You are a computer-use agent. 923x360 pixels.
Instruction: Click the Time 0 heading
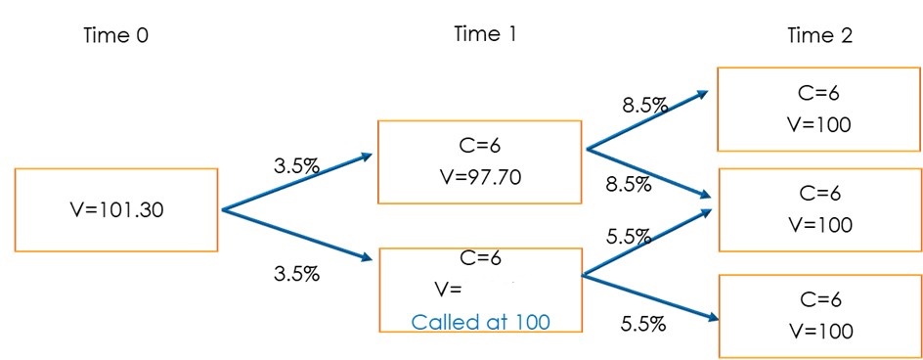pyautogui.click(x=116, y=37)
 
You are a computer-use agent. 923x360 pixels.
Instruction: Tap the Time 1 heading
pyautogui.click(x=485, y=34)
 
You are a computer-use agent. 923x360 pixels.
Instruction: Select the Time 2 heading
pyautogui.click(x=819, y=36)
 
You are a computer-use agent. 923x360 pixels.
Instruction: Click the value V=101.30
pyautogui.click(x=116, y=208)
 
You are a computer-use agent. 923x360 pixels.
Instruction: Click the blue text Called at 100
pyautogui.click(x=481, y=322)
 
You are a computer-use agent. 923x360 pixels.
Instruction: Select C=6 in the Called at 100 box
pyautogui.click(x=480, y=258)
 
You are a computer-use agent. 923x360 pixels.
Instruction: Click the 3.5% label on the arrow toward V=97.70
pyautogui.click(x=296, y=166)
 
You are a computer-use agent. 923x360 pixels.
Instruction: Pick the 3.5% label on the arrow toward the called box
pyautogui.click(x=296, y=274)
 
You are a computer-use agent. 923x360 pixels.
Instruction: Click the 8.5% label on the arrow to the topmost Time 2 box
pyautogui.click(x=644, y=106)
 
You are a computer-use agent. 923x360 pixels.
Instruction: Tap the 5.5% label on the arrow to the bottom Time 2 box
pyautogui.click(x=643, y=324)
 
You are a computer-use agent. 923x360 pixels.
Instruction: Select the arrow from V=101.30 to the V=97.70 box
pyautogui.click(x=293, y=183)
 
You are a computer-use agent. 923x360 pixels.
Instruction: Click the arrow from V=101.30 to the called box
pyautogui.click(x=293, y=234)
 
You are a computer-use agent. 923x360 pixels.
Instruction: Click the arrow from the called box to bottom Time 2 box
pyautogui.click(x=650, y=297)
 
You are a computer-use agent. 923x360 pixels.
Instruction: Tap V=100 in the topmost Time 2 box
pyautogui.click(x=819, y=124)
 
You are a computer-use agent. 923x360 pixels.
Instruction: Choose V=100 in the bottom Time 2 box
pyautogui.click(x=819, y=331)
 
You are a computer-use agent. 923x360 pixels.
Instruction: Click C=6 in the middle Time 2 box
pyautogui.click(x=819, y=194)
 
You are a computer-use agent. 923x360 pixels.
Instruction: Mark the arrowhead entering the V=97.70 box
pyautogui.click(x=365, y=157)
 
